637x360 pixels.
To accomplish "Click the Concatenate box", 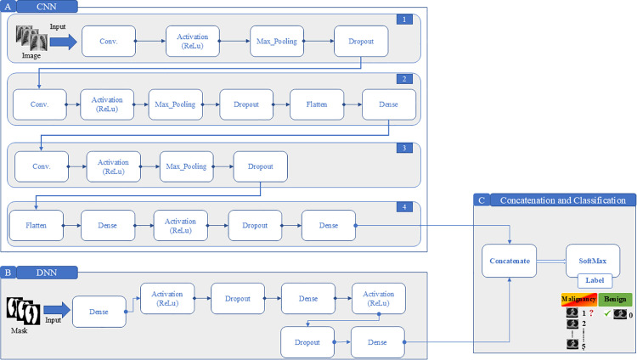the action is (509, 261).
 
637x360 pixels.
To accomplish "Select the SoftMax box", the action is (593, 260).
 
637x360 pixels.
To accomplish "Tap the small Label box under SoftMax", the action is (595, 280).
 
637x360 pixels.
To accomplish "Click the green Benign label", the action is (615, 299).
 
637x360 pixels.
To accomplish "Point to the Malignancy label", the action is (579, 299).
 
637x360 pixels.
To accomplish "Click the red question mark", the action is (591, 312).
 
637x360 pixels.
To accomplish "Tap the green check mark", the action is (607, 313).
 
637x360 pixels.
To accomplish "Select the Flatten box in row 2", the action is (317, 104).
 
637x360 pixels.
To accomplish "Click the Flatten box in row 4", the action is (37, 226).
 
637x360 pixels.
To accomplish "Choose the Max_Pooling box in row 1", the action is (277, 41).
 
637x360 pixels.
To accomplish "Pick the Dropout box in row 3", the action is (261, 166).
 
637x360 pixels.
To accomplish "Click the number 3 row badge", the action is (404, 148).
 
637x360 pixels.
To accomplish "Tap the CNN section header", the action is (47, 7).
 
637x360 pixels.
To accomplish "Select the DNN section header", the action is (47, 273).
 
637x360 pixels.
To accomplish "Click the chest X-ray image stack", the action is (31, 38).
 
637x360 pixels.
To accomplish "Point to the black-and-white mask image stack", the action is (23, 311).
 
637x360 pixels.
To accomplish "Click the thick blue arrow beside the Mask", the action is (57, 310).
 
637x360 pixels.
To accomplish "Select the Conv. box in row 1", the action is (109, 41).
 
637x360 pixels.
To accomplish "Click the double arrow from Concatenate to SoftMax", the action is (551, 262).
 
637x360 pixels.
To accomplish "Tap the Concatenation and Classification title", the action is (562, 200).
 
